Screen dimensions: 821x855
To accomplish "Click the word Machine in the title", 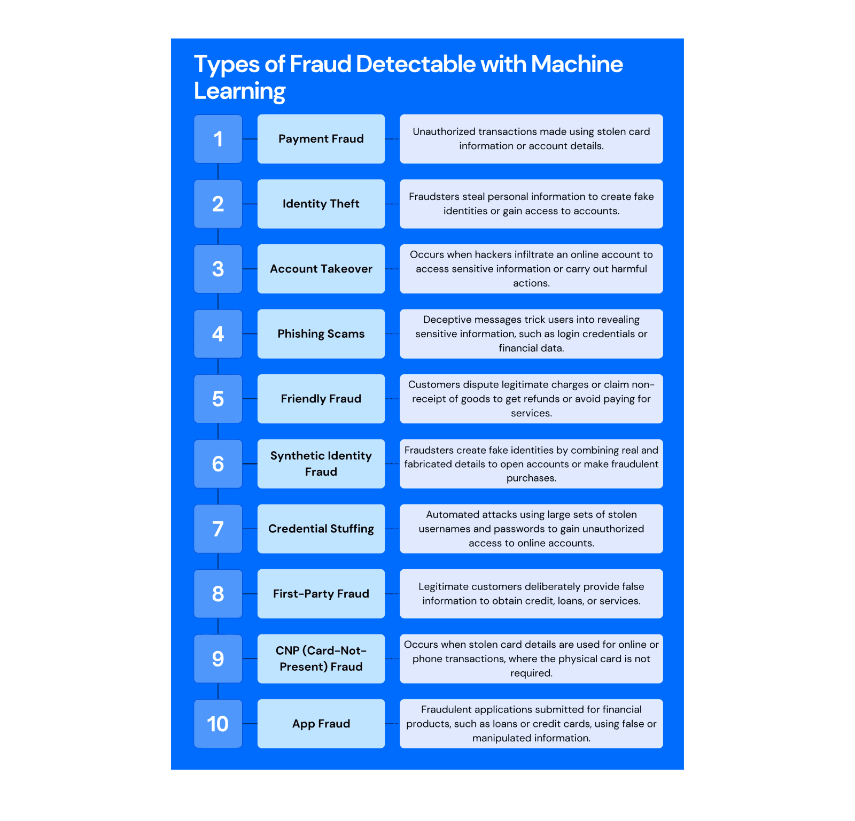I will (577, 64).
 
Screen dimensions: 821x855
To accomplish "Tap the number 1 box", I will (218, 139).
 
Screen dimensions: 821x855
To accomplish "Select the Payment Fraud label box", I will (321, 139).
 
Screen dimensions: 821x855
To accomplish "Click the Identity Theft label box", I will (321, 204).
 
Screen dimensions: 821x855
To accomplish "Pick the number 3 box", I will (218, 269).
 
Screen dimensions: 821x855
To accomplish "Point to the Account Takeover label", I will (321, 269).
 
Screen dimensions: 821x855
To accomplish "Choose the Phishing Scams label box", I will (321, 334).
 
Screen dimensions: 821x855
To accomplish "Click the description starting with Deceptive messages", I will (531, 334).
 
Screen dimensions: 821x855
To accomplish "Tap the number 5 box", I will (218, 399).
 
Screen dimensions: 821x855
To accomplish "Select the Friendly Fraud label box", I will (321, 399).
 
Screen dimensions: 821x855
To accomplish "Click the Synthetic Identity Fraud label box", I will (321, 464).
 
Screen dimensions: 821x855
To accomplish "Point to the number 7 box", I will (218, 529).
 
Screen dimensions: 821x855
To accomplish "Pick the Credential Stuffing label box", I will (321, 529).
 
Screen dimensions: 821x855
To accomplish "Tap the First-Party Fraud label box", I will (321, 594).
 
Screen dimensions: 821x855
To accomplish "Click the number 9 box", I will (218, 659).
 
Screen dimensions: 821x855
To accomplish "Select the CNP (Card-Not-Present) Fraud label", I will (321, 659).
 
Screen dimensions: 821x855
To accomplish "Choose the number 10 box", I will (218, 724).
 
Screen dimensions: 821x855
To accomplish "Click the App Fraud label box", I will (321, 724).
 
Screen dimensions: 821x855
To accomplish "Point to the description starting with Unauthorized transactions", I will (531, 139).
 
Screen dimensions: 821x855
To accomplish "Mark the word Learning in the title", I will (239, 91).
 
